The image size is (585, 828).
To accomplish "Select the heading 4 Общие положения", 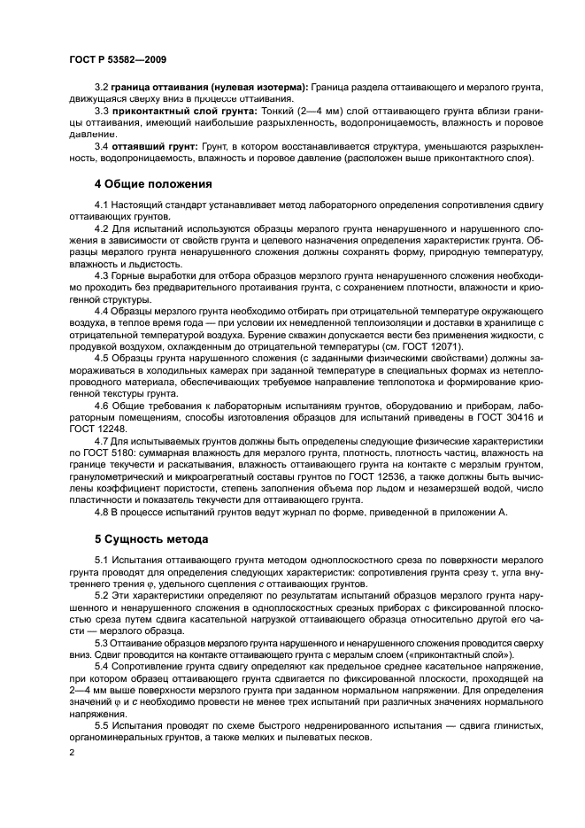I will [153, 185].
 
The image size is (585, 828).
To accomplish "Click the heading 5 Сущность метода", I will [151, 538].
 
